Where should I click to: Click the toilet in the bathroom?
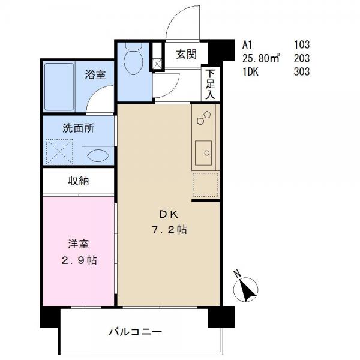(133, 58)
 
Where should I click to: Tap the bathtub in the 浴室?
(59, 87)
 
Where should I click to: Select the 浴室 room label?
(95, 74)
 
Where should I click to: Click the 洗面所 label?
(79, 128)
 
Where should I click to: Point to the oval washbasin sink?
(98, 155)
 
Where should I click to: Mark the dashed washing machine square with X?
(59, 152)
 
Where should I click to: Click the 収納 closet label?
(79, 181)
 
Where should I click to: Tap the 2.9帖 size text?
(79, 260)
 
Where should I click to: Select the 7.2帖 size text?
(169, 229)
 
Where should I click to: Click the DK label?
(169, 214)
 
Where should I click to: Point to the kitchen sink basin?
(203, 153)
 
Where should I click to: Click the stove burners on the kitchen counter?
(204, 118)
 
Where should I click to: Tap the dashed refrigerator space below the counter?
(205, 185)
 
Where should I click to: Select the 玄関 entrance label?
(186, 55)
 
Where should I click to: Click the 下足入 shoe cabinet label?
(211, 84)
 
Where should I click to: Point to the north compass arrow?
(245, 289)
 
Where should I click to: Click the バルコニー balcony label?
(136, 332)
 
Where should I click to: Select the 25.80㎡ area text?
(261, 58)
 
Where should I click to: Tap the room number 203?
(302, 58)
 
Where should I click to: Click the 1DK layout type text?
(250, 71)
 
